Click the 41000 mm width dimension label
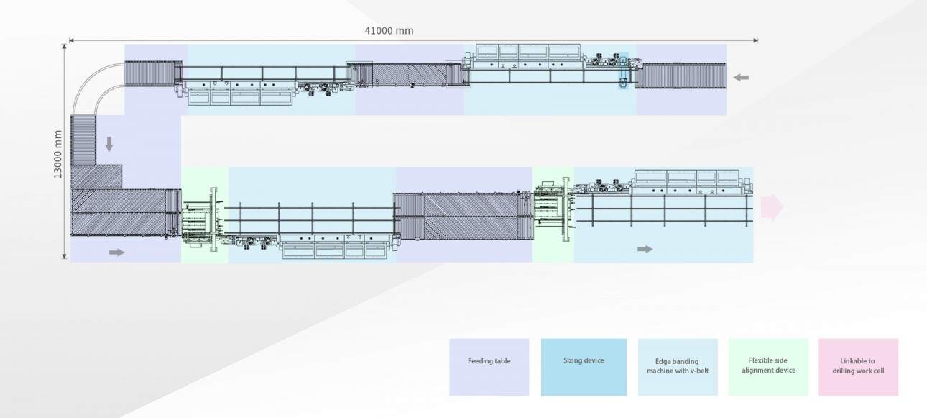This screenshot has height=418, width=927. [x=389, y=31]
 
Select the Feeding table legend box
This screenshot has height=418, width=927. [x=489, y=367]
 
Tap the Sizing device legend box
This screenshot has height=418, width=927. [x=584, y=367]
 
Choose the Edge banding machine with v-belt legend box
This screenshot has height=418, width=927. [x=677, y=367]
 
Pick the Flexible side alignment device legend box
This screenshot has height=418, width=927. [x=769, y=367]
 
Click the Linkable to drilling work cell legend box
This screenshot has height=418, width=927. [x=858, y=367]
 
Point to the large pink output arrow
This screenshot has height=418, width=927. [x=772, y=206]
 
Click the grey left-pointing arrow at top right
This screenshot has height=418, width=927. [x=742, y=77]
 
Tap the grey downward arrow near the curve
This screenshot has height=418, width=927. [x=109, y=145]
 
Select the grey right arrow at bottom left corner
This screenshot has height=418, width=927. [x=116, y=252]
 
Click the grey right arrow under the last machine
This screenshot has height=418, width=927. [x=645, y=249]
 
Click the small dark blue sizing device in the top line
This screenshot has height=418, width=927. [x=624, y=71]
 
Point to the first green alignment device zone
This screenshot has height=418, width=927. [x=204, y=214]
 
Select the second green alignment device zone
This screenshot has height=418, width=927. [x=553, y=214]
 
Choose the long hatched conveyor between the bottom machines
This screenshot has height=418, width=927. [x=463, y=215]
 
